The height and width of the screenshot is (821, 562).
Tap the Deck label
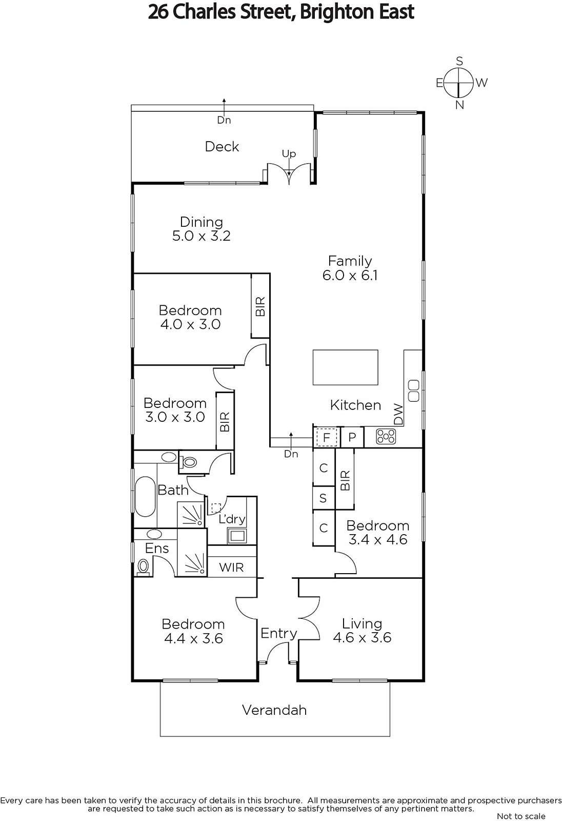pos(222,147)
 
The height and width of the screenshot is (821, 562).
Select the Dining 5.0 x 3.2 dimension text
pos(202,236)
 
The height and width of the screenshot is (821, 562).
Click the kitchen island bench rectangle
pos(345,367)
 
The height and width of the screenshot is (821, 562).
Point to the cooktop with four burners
pos(386,437)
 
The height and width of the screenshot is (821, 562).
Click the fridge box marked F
pos(327,437)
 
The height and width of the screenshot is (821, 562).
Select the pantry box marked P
pos(352,437)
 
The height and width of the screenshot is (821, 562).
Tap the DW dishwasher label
pos(398,415)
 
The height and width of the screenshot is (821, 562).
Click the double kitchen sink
pos(414,390)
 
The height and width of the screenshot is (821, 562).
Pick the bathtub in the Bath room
pos(145,497)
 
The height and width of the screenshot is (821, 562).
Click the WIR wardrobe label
pos(231,568)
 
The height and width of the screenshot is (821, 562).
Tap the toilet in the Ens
pos(143,567)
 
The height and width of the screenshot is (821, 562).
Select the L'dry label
pos(232,519)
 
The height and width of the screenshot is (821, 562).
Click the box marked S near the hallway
pos(323,498)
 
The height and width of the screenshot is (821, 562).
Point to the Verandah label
pos(274,710)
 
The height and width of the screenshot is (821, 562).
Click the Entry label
pos(278,633)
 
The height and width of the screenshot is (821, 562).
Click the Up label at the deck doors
pos(289,154)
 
